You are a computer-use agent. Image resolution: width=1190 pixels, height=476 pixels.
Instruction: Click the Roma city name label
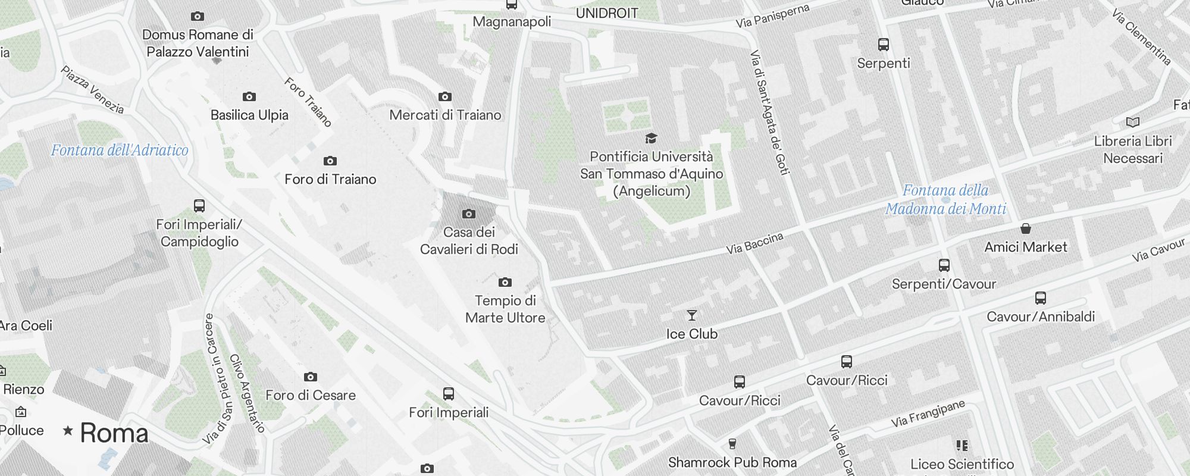(114, 433)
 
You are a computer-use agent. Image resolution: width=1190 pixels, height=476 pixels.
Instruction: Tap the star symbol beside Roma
(68, 430)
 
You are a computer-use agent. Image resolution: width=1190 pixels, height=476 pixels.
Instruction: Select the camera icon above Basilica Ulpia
(249, 96)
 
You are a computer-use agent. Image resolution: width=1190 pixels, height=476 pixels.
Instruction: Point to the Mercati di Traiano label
(445, 115)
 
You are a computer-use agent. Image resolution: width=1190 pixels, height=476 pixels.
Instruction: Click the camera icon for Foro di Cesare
(311, 377)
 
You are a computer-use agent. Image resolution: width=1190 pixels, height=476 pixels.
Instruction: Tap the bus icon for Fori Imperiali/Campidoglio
(199, 206)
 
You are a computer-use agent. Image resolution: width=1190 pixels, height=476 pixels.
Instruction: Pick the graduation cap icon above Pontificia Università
(652, 139)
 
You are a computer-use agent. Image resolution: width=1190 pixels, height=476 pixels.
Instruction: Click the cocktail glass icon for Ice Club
(691, 315)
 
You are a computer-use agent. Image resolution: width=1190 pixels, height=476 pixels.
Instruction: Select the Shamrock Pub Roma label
(732, 462)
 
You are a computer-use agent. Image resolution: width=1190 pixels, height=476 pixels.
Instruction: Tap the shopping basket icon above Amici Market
(1026, 228)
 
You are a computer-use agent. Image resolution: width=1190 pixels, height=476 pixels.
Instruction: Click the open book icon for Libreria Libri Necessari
(1133, 123)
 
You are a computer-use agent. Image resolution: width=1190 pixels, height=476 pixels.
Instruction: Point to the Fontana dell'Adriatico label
(120, 150)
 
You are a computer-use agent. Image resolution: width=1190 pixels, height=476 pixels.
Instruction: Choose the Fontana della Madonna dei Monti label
(945, 199)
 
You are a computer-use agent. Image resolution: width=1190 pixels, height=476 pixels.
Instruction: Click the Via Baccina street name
(754, 243)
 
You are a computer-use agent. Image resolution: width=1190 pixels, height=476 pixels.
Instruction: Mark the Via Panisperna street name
(772, 16)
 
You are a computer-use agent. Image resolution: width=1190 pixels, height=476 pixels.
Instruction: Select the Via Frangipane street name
(928, 414)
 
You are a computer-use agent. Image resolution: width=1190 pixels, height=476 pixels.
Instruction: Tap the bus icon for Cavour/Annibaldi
(1041, 298)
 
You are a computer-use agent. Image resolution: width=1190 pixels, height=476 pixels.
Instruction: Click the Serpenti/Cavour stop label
(944, 284)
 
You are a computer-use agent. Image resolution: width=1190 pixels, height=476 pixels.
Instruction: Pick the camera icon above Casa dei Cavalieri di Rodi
(469, 214)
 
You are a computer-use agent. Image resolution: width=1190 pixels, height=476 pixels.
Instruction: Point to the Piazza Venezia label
(92, 90)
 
